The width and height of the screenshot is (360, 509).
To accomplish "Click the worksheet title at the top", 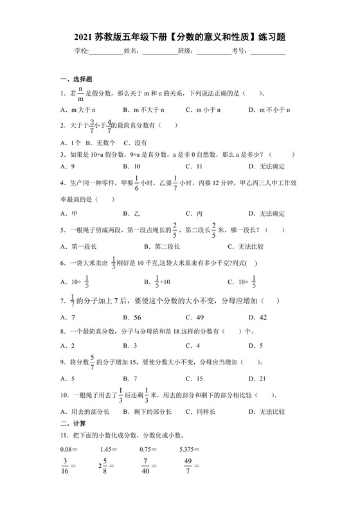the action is tap(180, 38).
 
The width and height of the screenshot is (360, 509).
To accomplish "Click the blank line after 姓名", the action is tap(159, 54).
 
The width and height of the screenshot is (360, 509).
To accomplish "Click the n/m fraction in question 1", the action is tap(81, 93).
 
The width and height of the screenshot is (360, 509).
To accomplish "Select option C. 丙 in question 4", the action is tap(195, 213).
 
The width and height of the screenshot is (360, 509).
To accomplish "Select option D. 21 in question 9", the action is tap(262, 379).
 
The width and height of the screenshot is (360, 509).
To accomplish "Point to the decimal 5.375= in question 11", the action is tap(190, 449).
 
